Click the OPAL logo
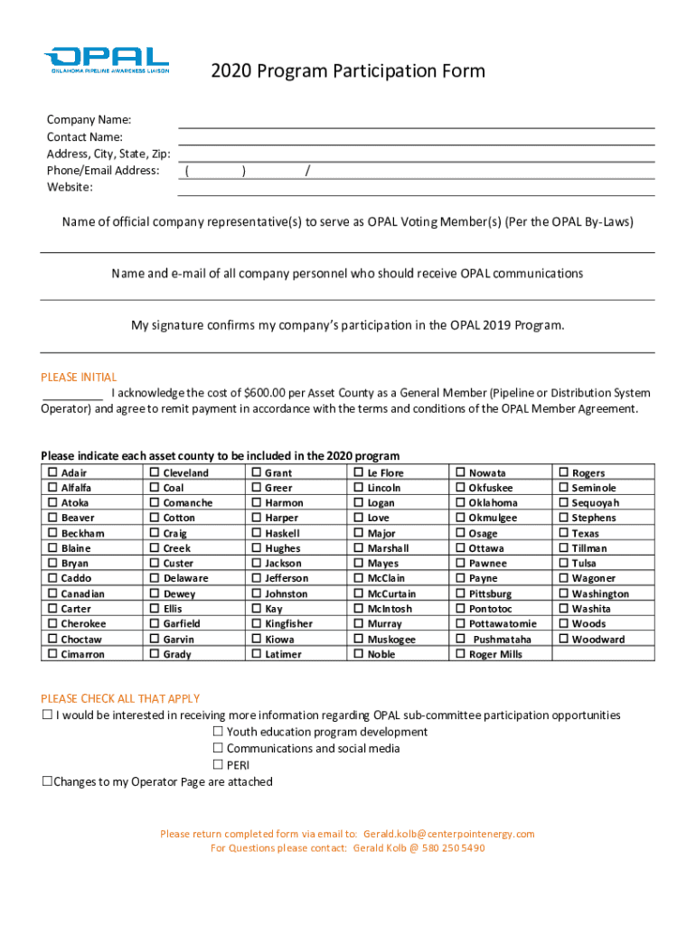[x=106, y=60]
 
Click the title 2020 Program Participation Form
[x=348, y=71]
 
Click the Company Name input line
[x=416, y=121]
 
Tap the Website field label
[x=70, y=187]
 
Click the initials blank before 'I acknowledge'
[x=72, y=394]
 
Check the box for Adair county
[x=52, y=472]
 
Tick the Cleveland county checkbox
[x=155, y=472]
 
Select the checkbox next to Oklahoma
[x=460, y=503]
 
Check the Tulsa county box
[x=563, y=564]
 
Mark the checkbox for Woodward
[x=563, y=640]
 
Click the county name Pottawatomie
[x=503, y=624]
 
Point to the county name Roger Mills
[x=495, y=655]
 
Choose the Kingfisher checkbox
[x=257, y=624]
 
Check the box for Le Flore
[x=359, y=472]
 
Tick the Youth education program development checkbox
[x=218, y=732]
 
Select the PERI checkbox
[x=218, y=765]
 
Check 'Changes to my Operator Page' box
[x=47, y=781]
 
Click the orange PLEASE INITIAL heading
[x=79, y=378]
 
